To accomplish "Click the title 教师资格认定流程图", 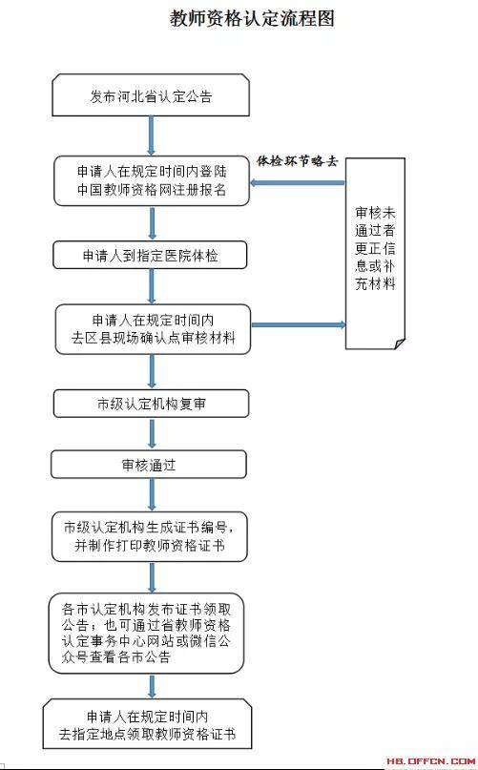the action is click(x=252, y=19).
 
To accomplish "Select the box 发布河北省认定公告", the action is click(x=151, y=95).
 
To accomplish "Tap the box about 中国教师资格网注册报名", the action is click(x=152, y=180).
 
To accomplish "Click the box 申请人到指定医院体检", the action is click(x=150, y=255).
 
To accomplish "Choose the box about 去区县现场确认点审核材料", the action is click(x=153, y=329).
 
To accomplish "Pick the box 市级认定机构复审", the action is click(x=152, y=404).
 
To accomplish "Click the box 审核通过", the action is click(x=149, y=465).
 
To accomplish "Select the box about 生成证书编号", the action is click(x=150, y=537).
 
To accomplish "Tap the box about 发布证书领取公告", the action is click(x=146, y=634).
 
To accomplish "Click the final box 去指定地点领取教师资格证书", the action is click(x=147, y=725).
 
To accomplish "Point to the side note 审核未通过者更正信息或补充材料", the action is click(x=375, y=254).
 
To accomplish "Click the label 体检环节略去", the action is click(x=298, y=161).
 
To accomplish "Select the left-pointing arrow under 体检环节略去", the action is click(x=298, y=182).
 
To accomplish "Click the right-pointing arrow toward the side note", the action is click(x=299, y=324).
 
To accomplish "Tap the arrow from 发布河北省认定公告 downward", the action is click(x=152, y=136).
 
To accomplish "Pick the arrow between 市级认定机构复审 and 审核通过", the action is click(x=152, y=434).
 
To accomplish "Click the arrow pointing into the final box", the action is click(x=152, y=687).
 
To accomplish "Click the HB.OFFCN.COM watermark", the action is click(x=430, y=761).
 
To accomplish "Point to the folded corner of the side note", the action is click(x=400, y=343).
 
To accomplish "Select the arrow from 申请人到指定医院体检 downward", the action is click(x=152, y=287).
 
